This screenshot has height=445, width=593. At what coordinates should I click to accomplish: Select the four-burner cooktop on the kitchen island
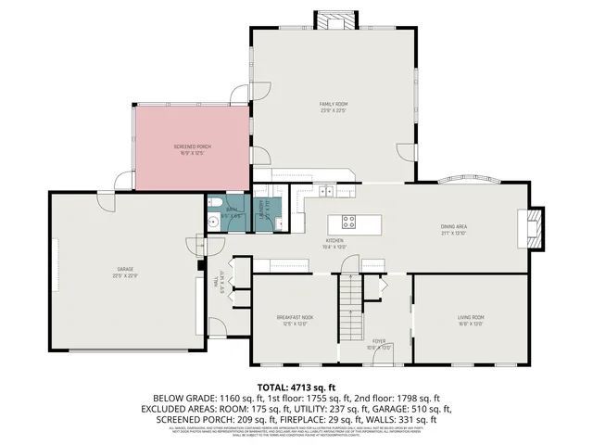[x=349, y=222]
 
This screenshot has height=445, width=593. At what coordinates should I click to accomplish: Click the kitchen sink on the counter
[x=327, y=192]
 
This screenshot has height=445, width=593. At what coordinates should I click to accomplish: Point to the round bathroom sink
[x=213, y=222]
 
